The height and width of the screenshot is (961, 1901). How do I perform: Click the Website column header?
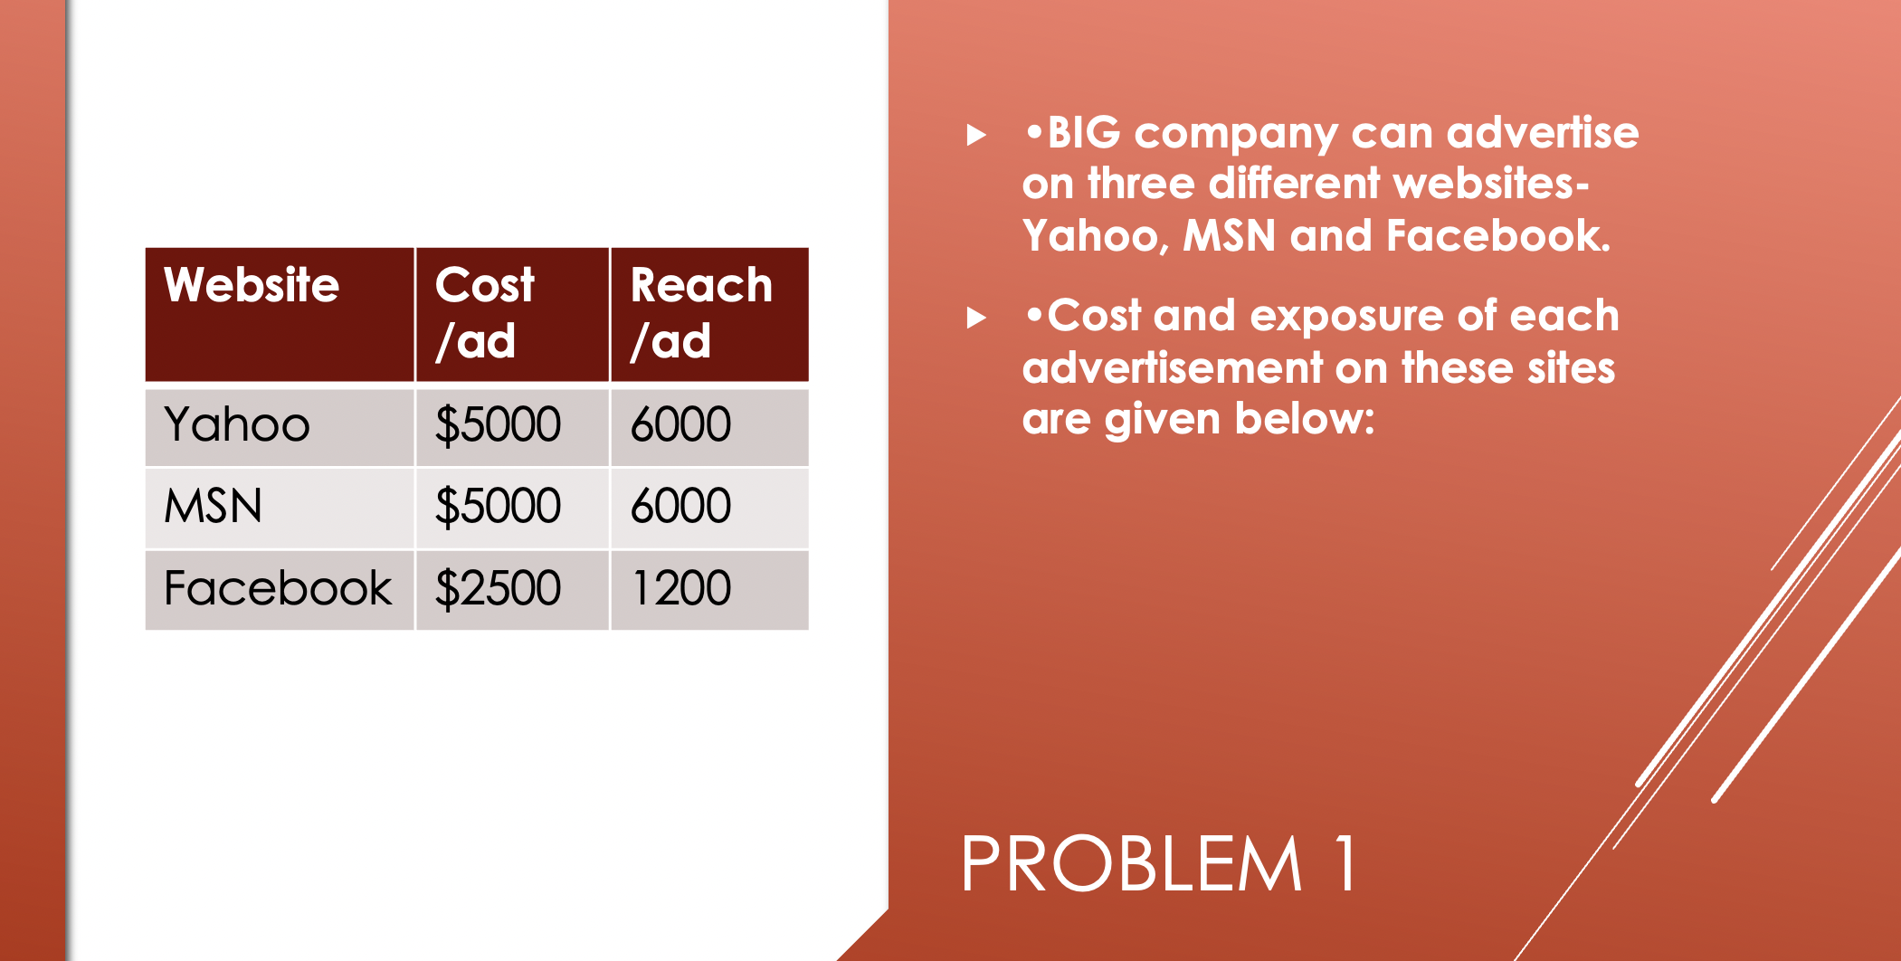click(252, 285)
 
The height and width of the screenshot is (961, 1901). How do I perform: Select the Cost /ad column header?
click(485, 313)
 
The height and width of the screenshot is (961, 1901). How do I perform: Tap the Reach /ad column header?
click(701, 313)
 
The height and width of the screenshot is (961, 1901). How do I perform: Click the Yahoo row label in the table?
click(237, 424)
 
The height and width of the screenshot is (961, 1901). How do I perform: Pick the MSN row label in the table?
click(213, 506)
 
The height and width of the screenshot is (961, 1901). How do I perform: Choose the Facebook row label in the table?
click(278, 588)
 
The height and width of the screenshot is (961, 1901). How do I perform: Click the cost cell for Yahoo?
click(498, 424)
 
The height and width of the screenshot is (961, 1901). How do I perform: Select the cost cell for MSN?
click(498, 506)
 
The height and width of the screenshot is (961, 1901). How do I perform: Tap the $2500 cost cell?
click(498, 588)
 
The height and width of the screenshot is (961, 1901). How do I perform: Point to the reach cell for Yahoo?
click(680, 424)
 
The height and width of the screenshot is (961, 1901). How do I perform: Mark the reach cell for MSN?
click(680, 506)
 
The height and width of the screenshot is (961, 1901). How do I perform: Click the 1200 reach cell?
click(680, 588)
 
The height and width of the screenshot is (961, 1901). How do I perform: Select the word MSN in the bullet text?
click(1230, 235)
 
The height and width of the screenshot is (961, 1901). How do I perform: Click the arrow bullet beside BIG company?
click(976, 136)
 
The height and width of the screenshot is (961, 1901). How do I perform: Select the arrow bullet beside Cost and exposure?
click(976, 318)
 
